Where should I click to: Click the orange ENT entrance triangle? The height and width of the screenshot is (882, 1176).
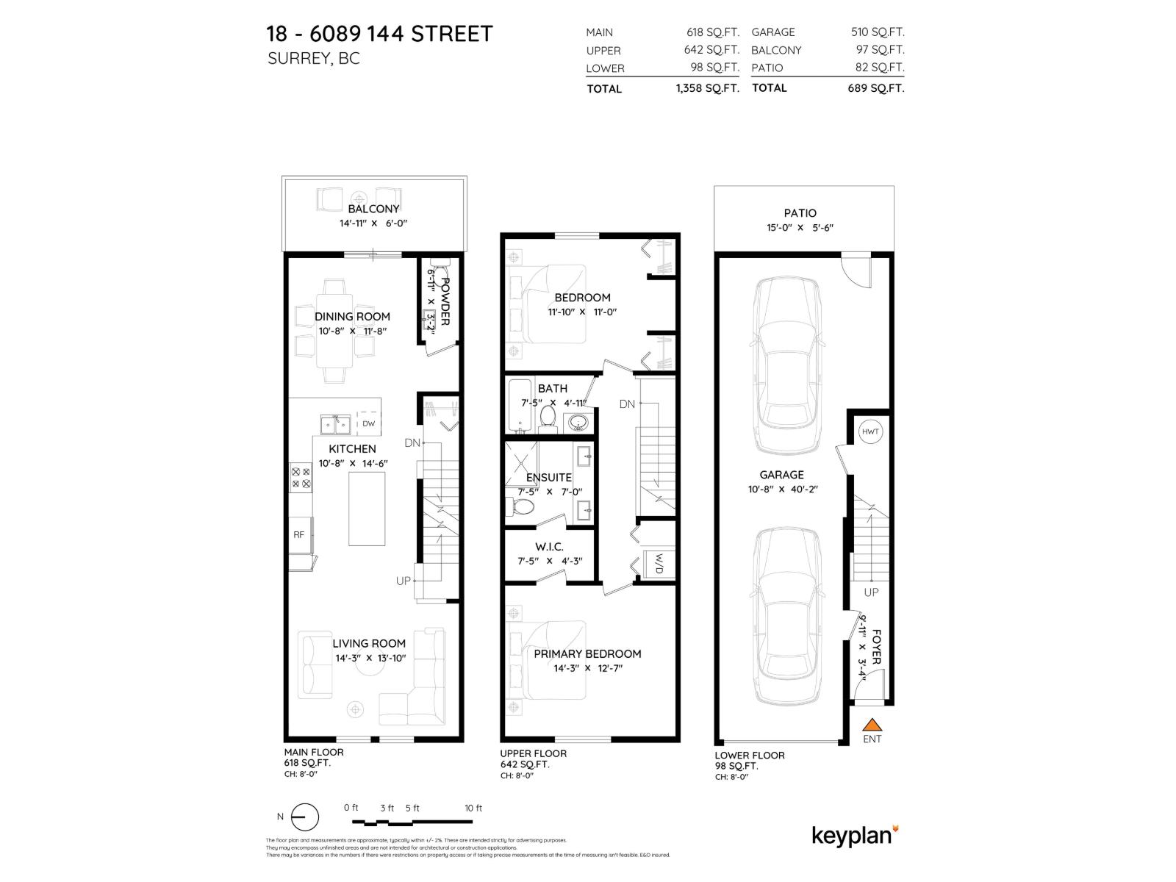click(871, 725)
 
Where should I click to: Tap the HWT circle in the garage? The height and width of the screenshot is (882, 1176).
click(870, 431)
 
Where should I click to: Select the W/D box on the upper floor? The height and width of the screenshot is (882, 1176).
click(659, 564)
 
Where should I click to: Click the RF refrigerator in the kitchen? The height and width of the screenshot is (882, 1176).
click(299, 534)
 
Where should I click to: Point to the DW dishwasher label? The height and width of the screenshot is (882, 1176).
click(368, 423)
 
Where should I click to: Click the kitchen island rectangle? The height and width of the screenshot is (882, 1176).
click(366, 508)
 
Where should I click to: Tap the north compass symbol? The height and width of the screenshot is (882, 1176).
click(304, 817)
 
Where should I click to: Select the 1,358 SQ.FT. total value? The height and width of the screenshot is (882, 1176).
click(707, 88)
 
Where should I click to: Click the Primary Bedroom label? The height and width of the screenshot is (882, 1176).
click(587, 653)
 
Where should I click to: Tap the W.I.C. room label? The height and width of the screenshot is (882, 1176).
click(549, 547)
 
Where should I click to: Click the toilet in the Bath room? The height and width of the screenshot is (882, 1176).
click(548, 417)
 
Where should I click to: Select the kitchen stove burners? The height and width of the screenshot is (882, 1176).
click(301, 478)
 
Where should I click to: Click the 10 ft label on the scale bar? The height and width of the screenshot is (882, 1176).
click(473, 808)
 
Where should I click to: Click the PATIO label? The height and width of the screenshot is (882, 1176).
click(800, 213)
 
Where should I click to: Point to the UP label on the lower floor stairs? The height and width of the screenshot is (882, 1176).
click(871, 592)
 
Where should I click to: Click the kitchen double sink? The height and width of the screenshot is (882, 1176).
click(334, 424)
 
